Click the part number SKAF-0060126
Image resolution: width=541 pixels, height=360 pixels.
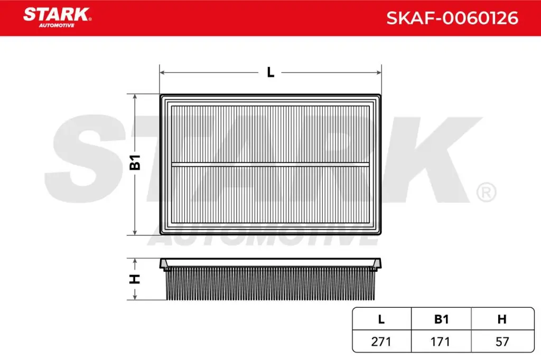tap(452, 18)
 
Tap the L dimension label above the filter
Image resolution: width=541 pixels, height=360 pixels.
tap(270, 72)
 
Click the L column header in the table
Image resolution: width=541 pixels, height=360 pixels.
tap(381, 319)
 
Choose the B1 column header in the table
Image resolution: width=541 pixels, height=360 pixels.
tap(441, 319)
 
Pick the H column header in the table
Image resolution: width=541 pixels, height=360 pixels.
tap(502, 319)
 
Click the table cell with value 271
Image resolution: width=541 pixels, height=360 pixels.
tap(381, 342)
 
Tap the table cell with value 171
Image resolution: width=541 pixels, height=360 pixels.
tap(441, 342)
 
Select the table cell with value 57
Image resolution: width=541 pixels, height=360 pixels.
tap(502, 342)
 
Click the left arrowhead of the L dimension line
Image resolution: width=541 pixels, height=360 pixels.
tap(162, 72)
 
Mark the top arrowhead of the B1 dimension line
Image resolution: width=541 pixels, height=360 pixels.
tap(136, 97)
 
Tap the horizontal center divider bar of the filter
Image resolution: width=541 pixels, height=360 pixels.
tap(270, 164)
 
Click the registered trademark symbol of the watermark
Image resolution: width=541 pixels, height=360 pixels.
tap(486, 192)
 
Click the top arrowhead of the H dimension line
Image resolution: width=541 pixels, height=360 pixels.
tap(136, 261)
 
